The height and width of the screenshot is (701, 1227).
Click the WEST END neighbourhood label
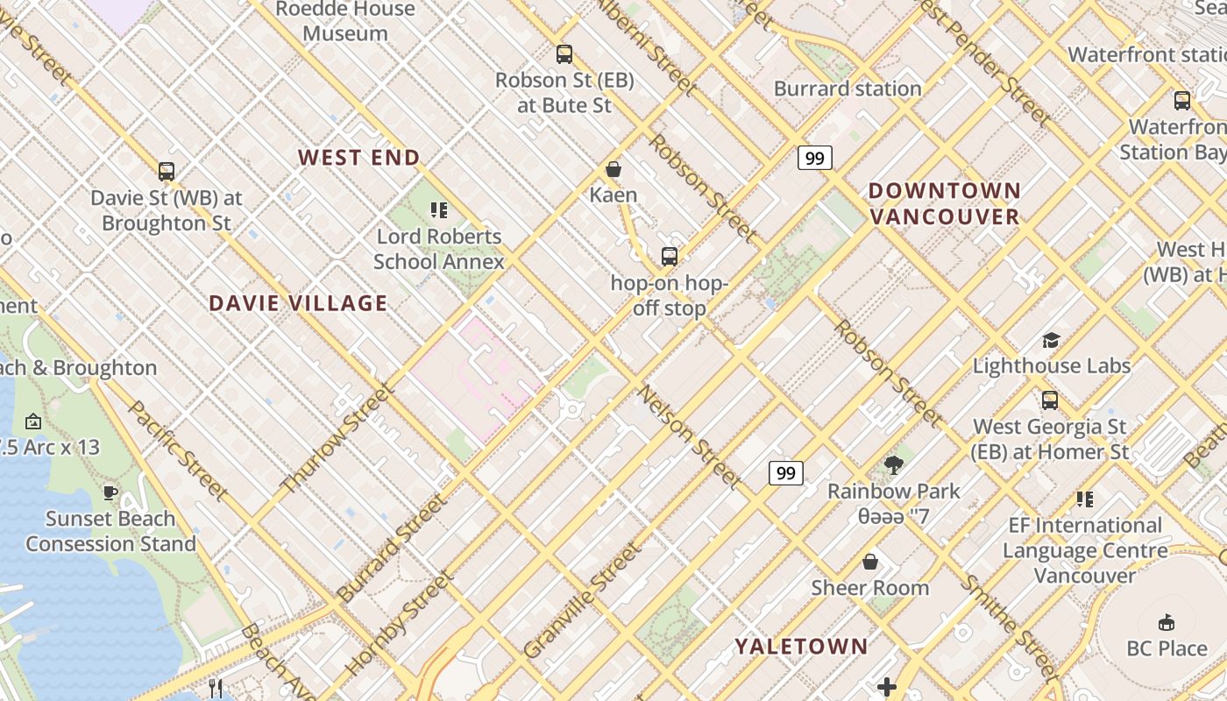pos(358,158)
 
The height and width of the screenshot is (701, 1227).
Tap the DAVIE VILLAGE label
pos(298,303)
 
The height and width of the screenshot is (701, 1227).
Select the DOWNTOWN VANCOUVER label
pos(945,203)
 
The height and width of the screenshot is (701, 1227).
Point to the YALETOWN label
pos(801,647)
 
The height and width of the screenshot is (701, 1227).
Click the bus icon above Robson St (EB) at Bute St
pos(564,54)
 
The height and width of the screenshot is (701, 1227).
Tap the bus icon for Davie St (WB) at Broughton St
pos(167,172)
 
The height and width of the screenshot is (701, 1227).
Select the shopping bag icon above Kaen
pos(613,169)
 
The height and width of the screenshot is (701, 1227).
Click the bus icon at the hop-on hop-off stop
pos(670,257)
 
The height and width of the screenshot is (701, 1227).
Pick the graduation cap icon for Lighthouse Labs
pos(1051,340)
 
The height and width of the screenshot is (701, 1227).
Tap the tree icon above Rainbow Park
pos(894,465)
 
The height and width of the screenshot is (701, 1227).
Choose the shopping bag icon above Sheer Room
pos(870,562)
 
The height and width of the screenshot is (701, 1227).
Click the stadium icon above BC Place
pos(1167,623)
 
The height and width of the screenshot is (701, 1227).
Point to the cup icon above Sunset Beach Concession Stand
pos(110,492)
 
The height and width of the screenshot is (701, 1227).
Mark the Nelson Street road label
pos(691,435)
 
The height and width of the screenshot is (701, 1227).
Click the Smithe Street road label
pos(1009,626)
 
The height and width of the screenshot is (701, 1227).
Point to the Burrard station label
pos(848,89)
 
